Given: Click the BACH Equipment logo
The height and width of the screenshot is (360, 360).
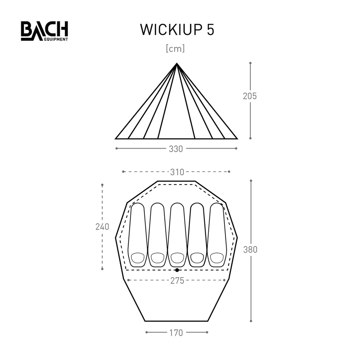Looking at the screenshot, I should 45,31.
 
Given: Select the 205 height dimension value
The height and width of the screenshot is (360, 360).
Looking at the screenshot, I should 250,96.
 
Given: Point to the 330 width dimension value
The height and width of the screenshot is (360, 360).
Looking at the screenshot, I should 176,149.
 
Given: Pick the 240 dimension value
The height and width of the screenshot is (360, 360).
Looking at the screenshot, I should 102,227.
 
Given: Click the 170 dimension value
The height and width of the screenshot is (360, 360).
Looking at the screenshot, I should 176,333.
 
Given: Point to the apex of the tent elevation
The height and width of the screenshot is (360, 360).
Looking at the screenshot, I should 177,63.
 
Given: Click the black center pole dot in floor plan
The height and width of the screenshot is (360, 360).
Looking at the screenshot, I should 177,270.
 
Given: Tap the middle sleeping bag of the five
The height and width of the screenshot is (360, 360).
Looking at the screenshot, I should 177,234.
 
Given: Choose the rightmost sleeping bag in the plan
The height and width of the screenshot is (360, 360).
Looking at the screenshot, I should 216,234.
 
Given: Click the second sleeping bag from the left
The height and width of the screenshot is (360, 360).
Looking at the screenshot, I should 157,234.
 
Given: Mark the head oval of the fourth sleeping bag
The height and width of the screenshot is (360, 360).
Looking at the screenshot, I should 197,257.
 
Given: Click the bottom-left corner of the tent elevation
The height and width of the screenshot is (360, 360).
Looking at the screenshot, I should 116,139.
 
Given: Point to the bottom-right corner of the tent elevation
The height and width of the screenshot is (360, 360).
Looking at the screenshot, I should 238,139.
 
